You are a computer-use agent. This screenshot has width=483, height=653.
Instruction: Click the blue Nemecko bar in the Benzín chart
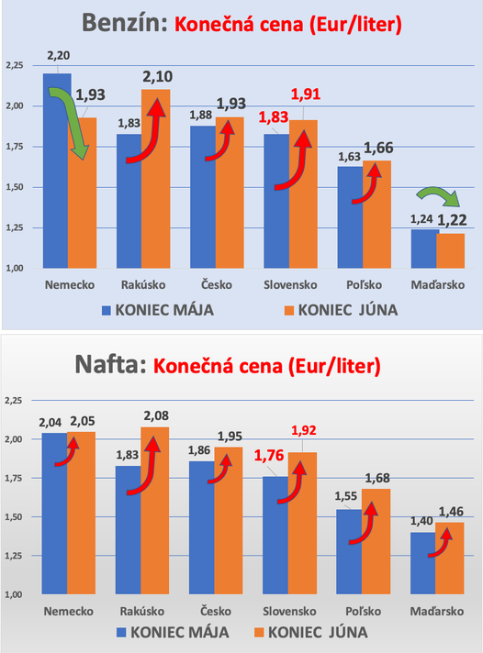click(56, 174)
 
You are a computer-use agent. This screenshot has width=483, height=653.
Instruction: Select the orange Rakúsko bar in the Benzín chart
click(155, 179)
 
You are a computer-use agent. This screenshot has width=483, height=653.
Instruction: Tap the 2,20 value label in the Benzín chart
click(56, 55)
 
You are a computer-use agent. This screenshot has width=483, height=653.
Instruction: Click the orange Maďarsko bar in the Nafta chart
click(449, 559)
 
